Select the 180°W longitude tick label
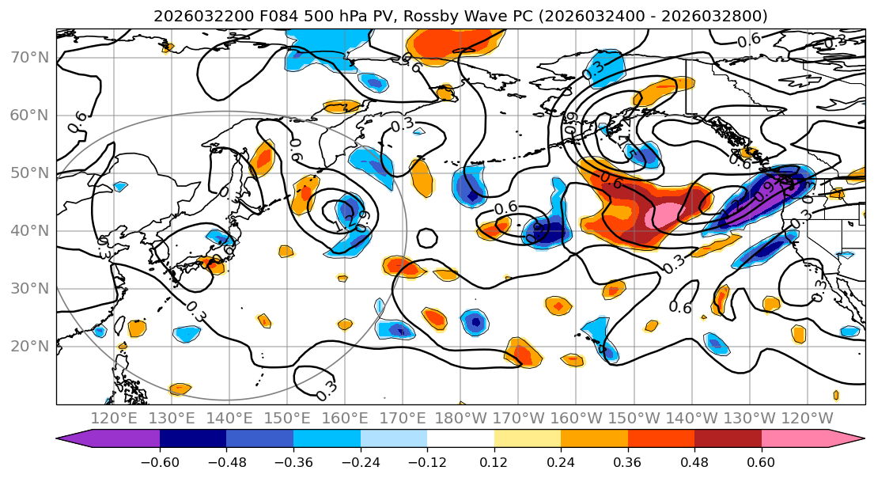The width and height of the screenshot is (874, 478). coord(461,418)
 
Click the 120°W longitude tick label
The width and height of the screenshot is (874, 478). coord(807,418)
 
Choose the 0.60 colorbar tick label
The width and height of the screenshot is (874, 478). coord(761,461)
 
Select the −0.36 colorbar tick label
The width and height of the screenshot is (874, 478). coord(293,461)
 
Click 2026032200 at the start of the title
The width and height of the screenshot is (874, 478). coord(192,16)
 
